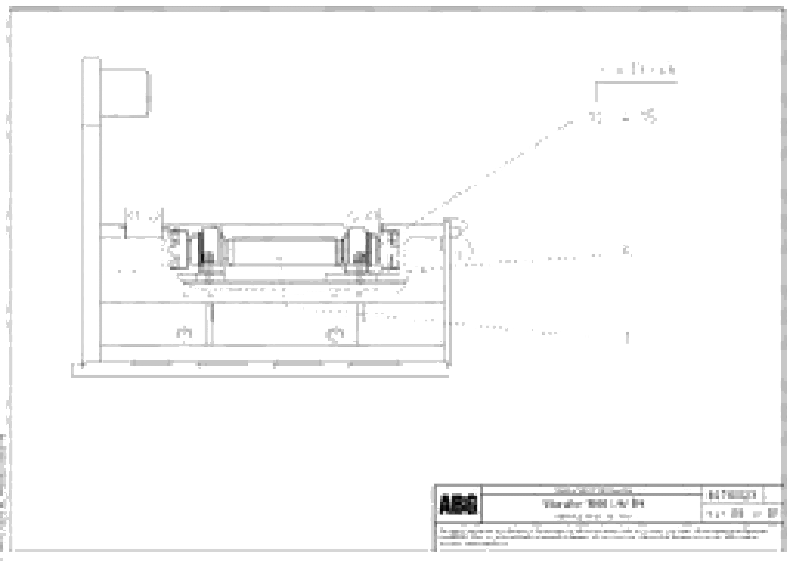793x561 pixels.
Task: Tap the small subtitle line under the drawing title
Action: [593, 516]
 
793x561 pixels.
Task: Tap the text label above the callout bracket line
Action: [638, 70]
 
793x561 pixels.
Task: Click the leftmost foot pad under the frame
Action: [151, 363]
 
